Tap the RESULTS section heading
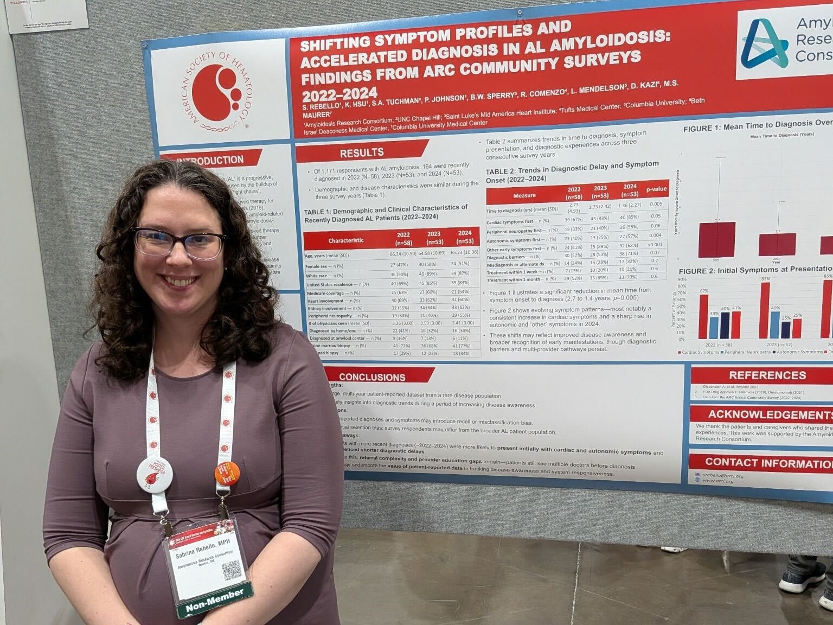coord(362,152)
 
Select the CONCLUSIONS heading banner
coord(372,377)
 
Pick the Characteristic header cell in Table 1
coord(345,240)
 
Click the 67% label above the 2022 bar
coord(704,291)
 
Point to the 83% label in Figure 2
coord(765,279)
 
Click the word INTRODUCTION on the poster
coord(210,160)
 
